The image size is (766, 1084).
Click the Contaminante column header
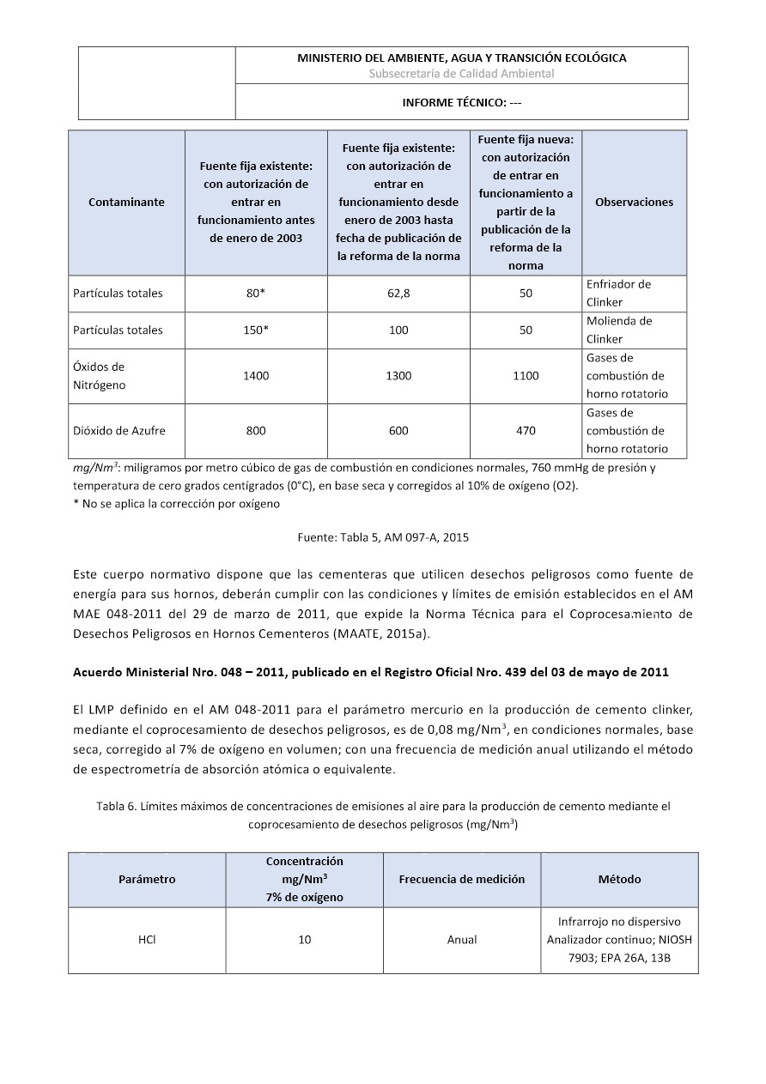point(126,203)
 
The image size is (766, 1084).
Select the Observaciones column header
point(634,203)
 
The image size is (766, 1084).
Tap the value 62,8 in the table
point(398,294)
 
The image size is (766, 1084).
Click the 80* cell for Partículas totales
point(256,294)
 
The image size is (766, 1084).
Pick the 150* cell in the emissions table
point(256,330)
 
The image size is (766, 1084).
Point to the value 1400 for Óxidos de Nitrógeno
point(256,376)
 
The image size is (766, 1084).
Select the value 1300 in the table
point(398,376)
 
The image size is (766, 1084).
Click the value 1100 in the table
point(526,376)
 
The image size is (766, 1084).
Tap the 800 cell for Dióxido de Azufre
point(256,431)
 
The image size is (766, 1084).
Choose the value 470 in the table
point(526,431)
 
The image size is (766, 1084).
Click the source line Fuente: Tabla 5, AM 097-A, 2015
point(383,537)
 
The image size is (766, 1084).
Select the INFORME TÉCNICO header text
point(462,102)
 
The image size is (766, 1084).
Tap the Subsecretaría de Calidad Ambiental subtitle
point(461,74)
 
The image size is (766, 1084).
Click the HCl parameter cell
point(146,940)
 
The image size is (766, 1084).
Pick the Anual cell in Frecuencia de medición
point(462,940)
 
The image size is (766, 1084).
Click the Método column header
point(619,880)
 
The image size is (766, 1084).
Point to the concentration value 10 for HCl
point(305,940)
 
